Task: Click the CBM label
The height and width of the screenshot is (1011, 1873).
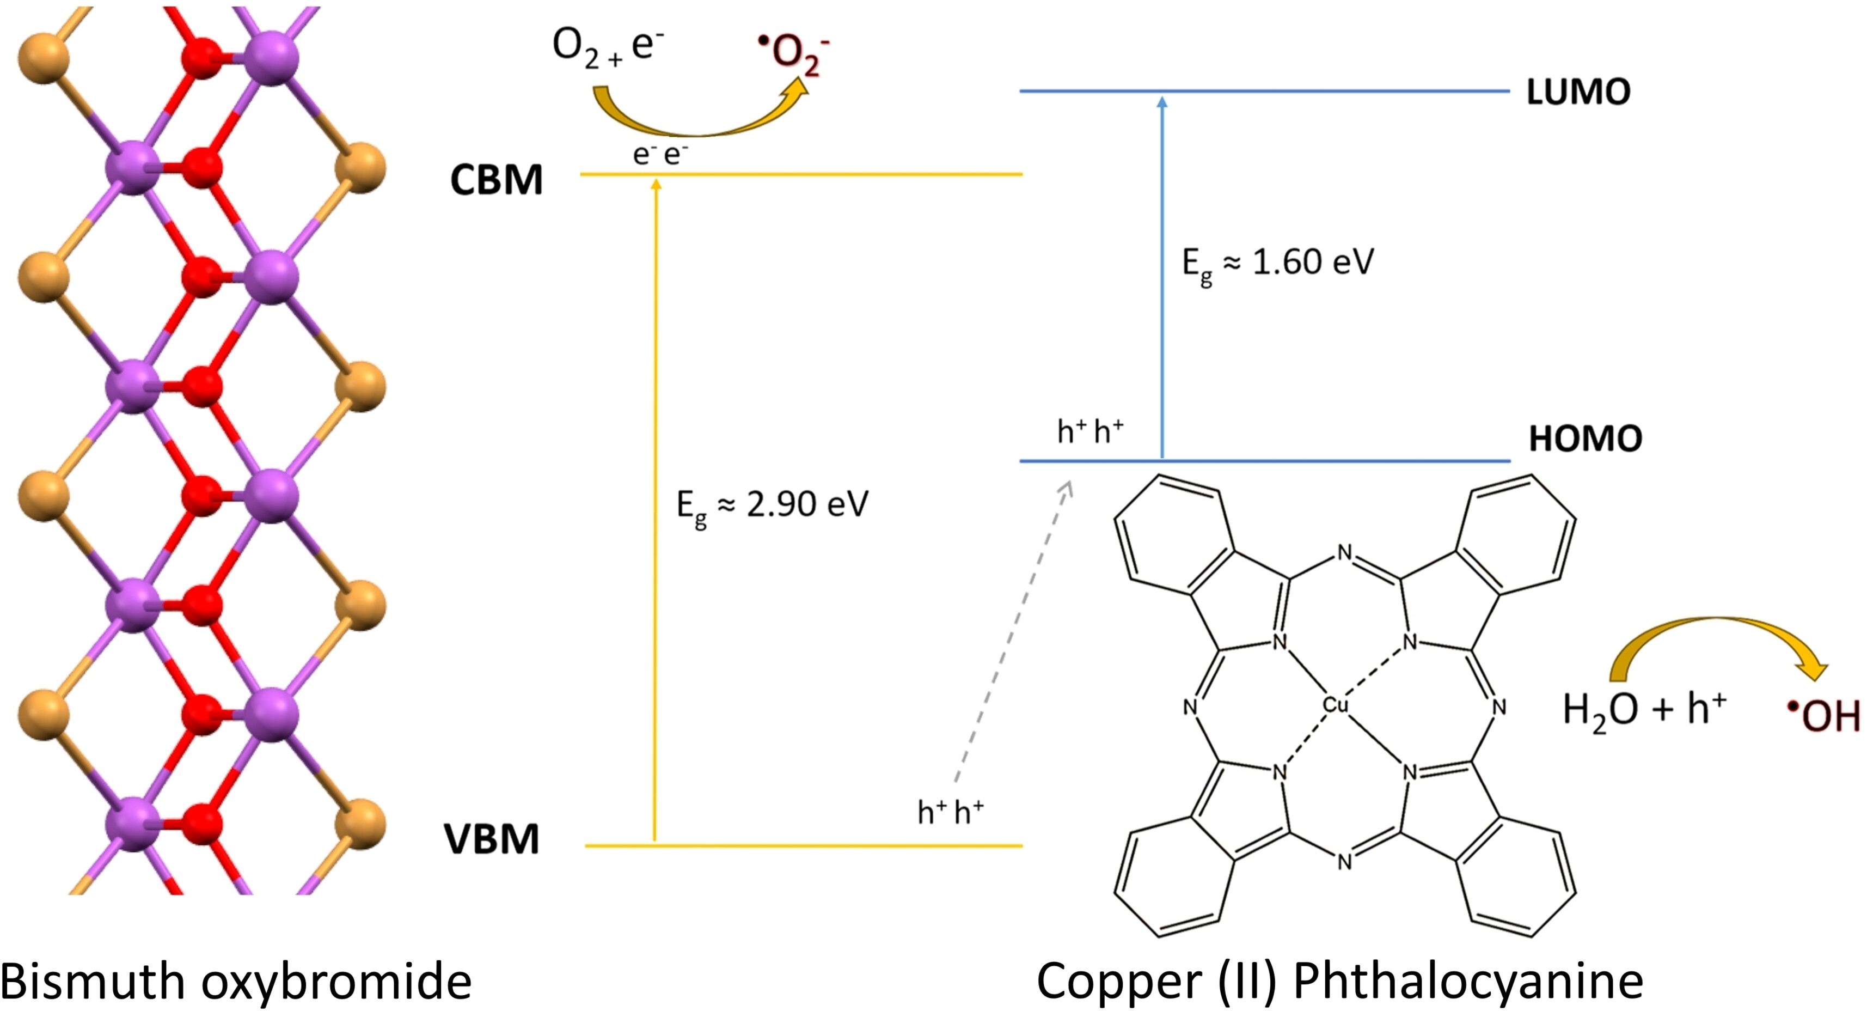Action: point(497,180)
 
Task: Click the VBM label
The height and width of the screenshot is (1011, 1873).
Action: point(492,839)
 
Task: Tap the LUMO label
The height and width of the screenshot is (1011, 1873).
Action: point(1578,93)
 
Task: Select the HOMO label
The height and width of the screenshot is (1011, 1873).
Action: point(1585,438)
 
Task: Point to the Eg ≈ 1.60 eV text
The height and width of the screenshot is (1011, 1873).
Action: point(1277,263)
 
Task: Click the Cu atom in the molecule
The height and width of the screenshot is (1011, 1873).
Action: point(1335,705)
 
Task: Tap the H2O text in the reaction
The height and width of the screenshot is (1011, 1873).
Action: point(1600,709)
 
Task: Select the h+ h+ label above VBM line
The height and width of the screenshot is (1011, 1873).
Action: point(950,811)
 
